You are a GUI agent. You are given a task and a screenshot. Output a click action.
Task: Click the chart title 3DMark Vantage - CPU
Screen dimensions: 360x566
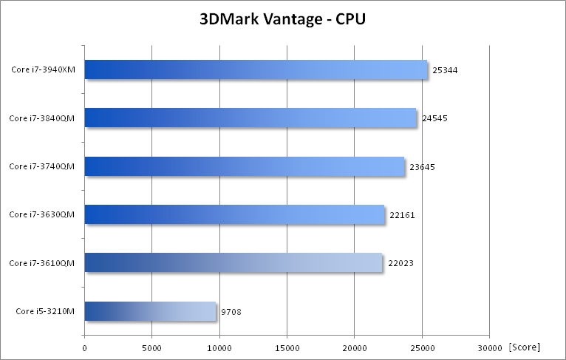[282, 19]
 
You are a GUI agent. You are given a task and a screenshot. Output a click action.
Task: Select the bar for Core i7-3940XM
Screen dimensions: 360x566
[256, 69]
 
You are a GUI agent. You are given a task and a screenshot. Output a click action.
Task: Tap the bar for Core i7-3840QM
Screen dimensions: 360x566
[250, 118]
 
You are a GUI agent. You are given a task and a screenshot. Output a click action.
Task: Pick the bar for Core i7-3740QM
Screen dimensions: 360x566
[245, 166]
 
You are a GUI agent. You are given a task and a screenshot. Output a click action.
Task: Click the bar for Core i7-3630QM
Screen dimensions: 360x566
[234, 214]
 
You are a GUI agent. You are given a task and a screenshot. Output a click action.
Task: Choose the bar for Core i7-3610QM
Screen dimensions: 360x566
[233, 262]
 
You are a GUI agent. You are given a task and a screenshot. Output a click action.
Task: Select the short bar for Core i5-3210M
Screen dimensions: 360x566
[150, 311]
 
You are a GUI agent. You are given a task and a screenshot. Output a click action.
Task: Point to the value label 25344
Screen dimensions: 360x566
[446, 70]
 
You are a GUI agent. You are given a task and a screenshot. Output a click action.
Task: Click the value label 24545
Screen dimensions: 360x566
[434, 118]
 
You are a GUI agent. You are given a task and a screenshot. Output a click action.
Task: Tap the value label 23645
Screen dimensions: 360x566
[422, 167]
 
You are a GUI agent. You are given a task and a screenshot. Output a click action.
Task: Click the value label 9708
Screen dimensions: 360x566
[231, 312]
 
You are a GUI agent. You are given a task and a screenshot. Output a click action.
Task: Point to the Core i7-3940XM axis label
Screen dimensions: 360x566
[45, 70]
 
